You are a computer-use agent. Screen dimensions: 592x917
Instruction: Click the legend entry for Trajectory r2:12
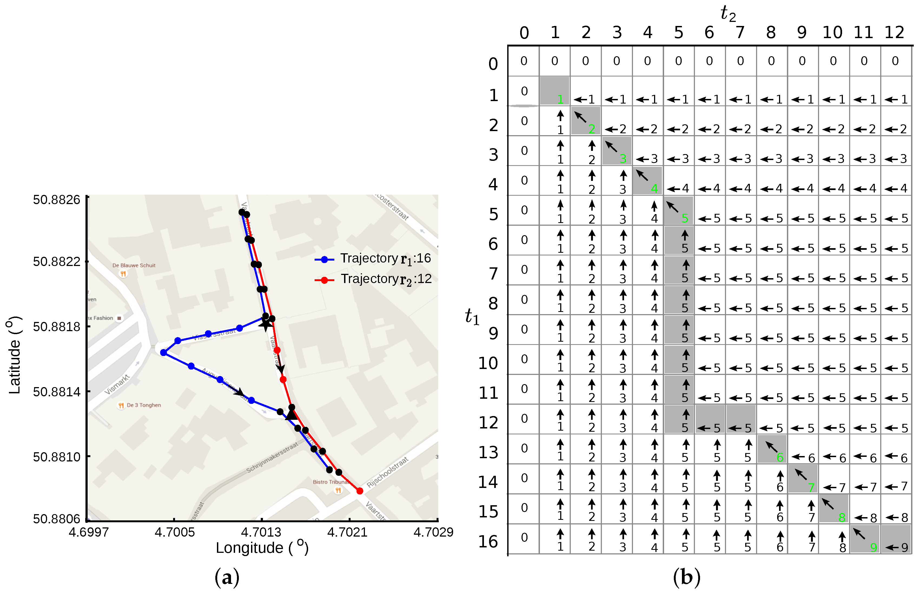(373, 280)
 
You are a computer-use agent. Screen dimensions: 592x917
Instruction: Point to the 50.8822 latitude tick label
(56, 262)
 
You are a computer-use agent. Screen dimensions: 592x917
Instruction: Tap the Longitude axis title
(262, 548)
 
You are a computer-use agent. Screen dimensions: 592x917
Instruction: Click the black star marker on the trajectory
(265, 324)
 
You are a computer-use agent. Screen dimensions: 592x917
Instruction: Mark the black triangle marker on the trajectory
(291, 415)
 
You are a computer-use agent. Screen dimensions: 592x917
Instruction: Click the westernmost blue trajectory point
(163, 352)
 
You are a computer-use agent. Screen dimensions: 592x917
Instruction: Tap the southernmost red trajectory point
(360, 491)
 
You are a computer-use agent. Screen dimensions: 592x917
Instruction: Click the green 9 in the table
(873, 547)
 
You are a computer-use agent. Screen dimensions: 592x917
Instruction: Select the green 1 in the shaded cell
(560, 99)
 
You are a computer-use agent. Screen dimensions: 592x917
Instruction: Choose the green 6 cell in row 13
(780, 457)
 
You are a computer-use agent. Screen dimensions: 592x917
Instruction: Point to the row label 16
(488, 542)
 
